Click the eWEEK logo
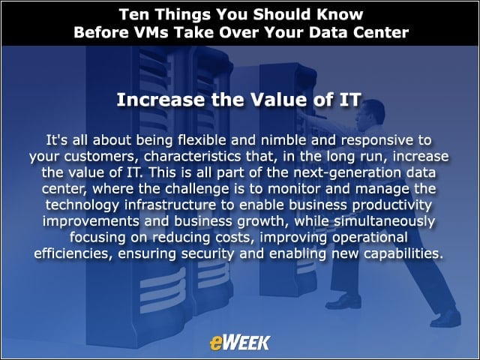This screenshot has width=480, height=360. tap(240, 343)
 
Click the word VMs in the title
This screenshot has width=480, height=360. tap(151, 32)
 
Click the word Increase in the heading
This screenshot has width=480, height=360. tap(160, 100)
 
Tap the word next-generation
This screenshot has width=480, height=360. tap(346, 173)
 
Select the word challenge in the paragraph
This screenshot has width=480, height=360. tap(197, 189)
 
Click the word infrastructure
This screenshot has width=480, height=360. tap(170, 205)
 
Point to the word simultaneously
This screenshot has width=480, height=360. tap(384, 221)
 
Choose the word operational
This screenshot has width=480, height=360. tap(370, 238)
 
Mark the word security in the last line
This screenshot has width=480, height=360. tap(207, 253)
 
